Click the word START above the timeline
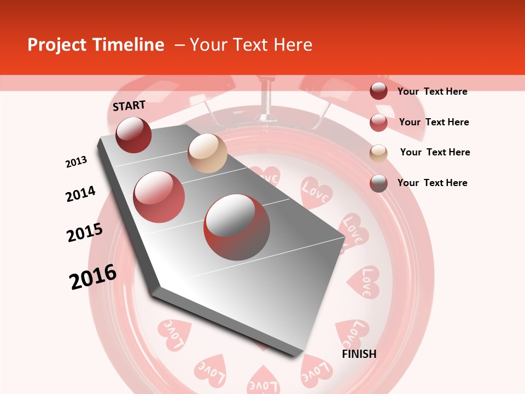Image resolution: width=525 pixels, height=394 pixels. [129, 106]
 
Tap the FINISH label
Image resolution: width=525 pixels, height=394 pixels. [359, 354]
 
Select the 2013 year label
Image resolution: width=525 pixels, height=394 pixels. [76, 162]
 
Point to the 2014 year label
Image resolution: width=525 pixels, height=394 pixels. [80, 194]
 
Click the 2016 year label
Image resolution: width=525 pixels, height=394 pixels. [93, 277]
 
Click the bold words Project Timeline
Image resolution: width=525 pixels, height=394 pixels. [96, 45]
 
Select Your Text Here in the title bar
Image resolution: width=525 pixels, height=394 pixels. [251, 45]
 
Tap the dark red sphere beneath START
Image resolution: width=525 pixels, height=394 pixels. [133, 135]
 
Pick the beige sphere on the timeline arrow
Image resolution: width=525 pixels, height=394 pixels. [207, 153]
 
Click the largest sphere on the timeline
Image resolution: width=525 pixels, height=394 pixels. [237, 227]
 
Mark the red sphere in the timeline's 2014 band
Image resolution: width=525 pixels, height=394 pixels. [159, 197]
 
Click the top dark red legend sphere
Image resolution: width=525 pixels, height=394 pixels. [378, 91]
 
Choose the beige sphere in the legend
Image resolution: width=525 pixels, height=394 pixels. [378, 153]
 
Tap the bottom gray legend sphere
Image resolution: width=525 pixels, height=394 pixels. [378, 183]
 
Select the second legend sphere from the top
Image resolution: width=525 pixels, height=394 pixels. [378, 122]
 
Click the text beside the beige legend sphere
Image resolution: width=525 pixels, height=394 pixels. [435, 152]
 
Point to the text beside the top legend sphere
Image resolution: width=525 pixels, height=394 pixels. [432, 91]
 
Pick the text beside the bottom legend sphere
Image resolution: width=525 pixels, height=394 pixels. [432, 183]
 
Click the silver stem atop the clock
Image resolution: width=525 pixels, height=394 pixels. [267, 99]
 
